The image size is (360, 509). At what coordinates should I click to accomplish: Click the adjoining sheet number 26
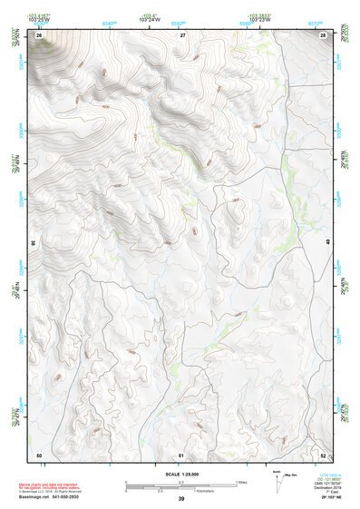click(39, 34)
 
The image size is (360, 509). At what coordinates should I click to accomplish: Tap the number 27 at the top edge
click(182, 34)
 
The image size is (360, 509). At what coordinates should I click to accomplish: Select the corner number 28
click(324, 34)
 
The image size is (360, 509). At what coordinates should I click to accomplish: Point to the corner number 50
click(39, 454)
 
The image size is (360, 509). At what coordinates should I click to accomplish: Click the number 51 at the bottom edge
click(181, 454)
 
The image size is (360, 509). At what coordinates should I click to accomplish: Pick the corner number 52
click(324, 454)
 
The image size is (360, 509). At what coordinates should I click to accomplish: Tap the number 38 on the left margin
click(34, 243)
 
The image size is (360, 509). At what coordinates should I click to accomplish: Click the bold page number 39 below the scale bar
click(181, 499)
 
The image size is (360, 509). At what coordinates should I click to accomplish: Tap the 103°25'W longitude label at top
click(39, 20)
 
